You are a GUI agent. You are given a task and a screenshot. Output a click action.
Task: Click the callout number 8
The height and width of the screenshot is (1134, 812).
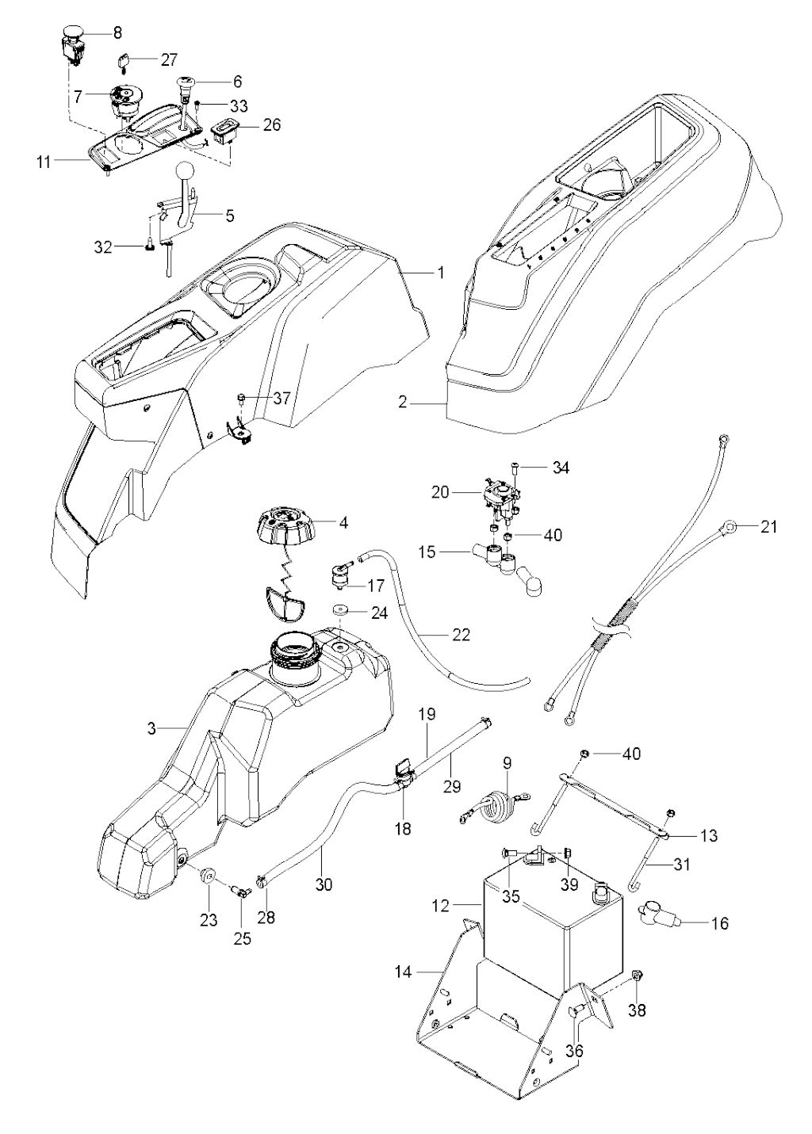(x=118, y=33)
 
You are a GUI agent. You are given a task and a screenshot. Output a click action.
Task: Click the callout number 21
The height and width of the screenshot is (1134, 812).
(x=770, y=526)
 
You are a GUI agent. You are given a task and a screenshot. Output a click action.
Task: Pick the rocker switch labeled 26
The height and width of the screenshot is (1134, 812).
(x=223, y=130)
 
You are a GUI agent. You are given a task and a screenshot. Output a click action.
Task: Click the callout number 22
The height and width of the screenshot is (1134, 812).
(x=460, y=635)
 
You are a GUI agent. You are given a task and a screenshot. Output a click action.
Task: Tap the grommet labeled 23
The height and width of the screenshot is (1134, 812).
(x=209, y=876)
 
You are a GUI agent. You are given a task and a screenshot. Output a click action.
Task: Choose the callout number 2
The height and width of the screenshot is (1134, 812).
(x=403, y=403)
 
